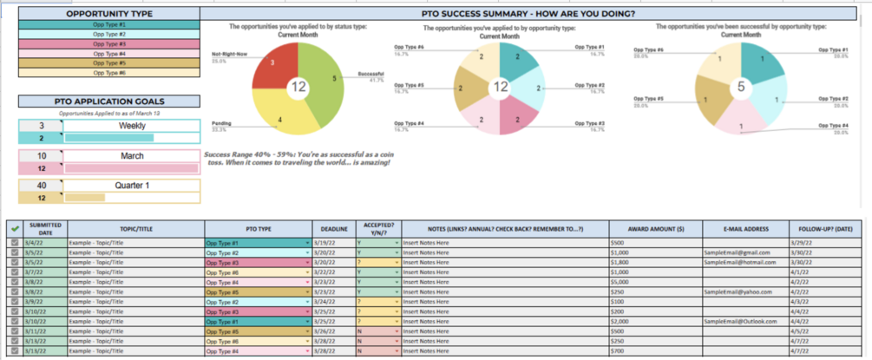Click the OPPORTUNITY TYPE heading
(108, 15)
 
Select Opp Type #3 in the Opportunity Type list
(108, 43)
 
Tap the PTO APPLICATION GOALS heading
(108, 101)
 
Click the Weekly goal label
(131, 126)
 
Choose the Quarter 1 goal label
(131, 186)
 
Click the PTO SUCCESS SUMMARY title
(533, 15)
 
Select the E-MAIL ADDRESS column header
(744, 228)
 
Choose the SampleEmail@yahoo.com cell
(738, 291)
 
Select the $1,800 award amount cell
(624, 262)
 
